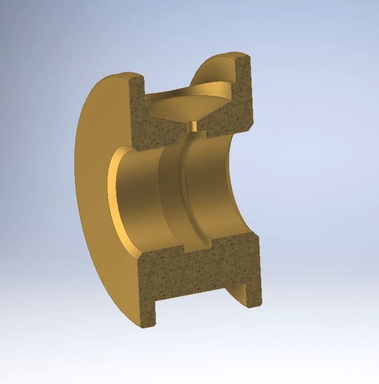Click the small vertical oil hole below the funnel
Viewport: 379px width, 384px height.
pyautogui.click(x=193, y=126)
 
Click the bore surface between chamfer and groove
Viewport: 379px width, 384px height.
pyautogui.click(x=138, y=199)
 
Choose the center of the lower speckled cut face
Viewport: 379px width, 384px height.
pyautogui.click(x=199, y=270)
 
